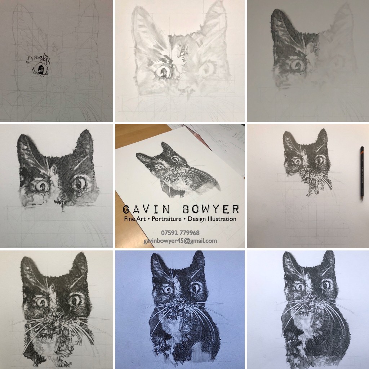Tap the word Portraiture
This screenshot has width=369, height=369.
(x=166, y=219)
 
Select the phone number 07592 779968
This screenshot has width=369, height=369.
(x=180, y=233)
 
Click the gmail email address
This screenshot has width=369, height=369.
(x=180, y=241)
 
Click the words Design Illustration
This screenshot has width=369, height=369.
(x=212, y=219)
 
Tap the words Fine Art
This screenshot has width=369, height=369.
(x=135, y=219)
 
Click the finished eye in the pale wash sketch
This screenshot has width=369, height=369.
(x=163, y=71)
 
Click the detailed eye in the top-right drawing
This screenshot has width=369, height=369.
(x=297, y=65)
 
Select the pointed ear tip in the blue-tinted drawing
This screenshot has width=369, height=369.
(x=200, y=252)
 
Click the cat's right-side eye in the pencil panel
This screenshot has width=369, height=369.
(x=320, y=160)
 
